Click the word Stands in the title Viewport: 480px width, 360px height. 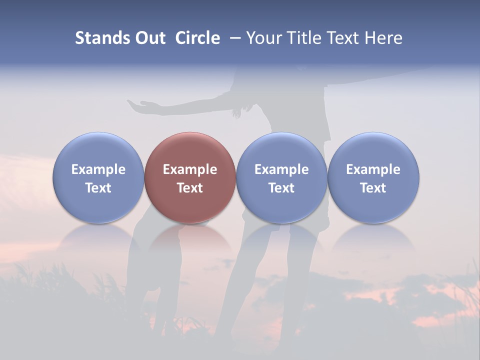pos(100,38)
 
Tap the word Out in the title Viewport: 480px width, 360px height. pos(148,38)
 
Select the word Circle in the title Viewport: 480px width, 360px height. pos(197,38)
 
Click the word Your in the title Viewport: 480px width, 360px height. pos(263,38)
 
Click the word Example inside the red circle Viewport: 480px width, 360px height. pos(190,169)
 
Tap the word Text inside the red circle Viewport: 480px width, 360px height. pos(190,188)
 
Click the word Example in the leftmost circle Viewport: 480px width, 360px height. pos(98,169)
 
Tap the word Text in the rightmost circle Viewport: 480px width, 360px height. pos(373,188)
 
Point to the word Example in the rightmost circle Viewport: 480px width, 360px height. pos(373,169)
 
